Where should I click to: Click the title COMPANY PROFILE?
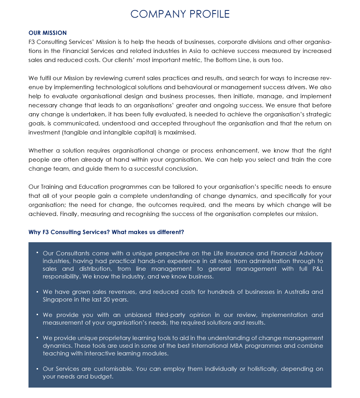[180, 14]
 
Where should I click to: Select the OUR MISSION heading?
[47, 33]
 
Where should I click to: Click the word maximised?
[181, 133]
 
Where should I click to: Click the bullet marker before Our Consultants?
[37, 252]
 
